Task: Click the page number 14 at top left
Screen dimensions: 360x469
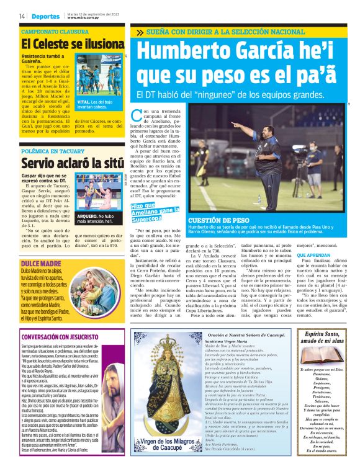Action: click(x=22, y=16)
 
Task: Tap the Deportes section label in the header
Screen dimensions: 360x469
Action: click(x=46, y=16)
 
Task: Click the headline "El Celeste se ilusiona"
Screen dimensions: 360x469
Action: click(x=73, y=45)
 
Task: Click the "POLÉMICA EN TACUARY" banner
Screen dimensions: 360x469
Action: click(x=53, y=151)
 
